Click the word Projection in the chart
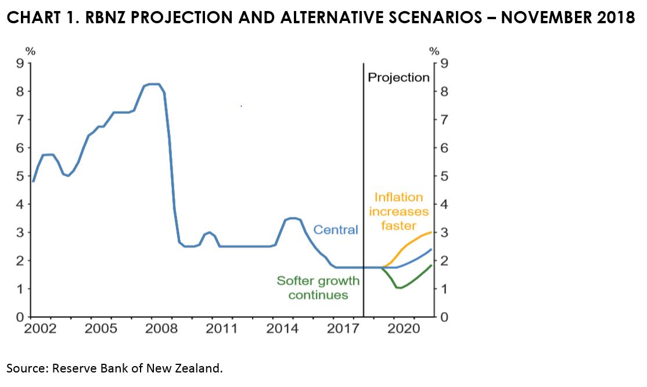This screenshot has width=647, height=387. (398, 77)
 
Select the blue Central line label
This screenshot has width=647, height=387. (336, 230)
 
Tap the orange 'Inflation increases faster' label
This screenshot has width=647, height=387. (398, 211)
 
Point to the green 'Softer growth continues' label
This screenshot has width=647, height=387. (318, 288)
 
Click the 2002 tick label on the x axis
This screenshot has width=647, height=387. (41, 329)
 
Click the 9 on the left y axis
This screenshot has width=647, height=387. (20, 63)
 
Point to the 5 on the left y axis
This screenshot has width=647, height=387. (20, 176)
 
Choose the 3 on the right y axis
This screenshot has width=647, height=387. (444, 232)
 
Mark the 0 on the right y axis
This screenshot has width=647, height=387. (444, 317)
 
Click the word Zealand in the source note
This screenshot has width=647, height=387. (197, 368)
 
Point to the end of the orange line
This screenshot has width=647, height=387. (431, 232)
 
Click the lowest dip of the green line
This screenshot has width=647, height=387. (399, 288)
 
